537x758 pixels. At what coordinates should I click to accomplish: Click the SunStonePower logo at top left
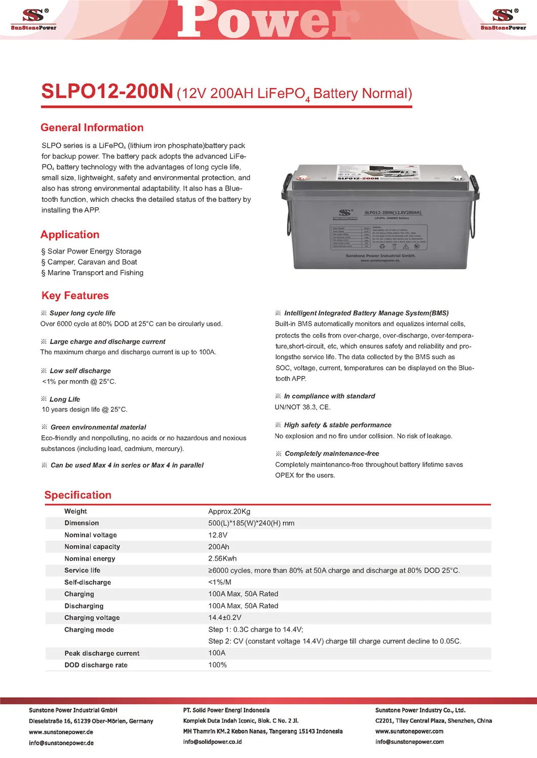[33, 19]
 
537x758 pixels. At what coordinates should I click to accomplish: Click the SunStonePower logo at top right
[503, 19]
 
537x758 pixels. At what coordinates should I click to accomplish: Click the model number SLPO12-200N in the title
[107, 92]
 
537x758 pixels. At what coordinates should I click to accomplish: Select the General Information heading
[92, 128]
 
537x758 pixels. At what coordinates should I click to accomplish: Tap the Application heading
[70, 235]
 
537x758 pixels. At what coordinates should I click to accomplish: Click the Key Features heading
[75, 296]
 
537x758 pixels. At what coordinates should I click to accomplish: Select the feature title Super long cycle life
[82, 313]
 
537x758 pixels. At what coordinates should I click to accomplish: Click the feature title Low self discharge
[80, 371]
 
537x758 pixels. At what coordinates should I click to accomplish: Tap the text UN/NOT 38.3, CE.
[302, 407]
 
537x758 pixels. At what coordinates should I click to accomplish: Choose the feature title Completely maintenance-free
[332, 454]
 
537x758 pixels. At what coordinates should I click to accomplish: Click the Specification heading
[78, 495]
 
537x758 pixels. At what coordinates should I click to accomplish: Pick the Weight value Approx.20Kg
[229, 512]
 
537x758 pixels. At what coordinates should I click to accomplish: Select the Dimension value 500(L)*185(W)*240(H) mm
[251, 523]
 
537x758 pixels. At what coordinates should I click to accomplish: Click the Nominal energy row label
[90, 559]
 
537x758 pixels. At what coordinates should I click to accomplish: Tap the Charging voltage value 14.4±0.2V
[224, 618]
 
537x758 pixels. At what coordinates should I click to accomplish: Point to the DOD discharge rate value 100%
[217, 665]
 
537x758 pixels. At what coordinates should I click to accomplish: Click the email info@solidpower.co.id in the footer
[212, 742]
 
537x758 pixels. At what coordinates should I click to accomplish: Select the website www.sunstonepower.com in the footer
[409, 731]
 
